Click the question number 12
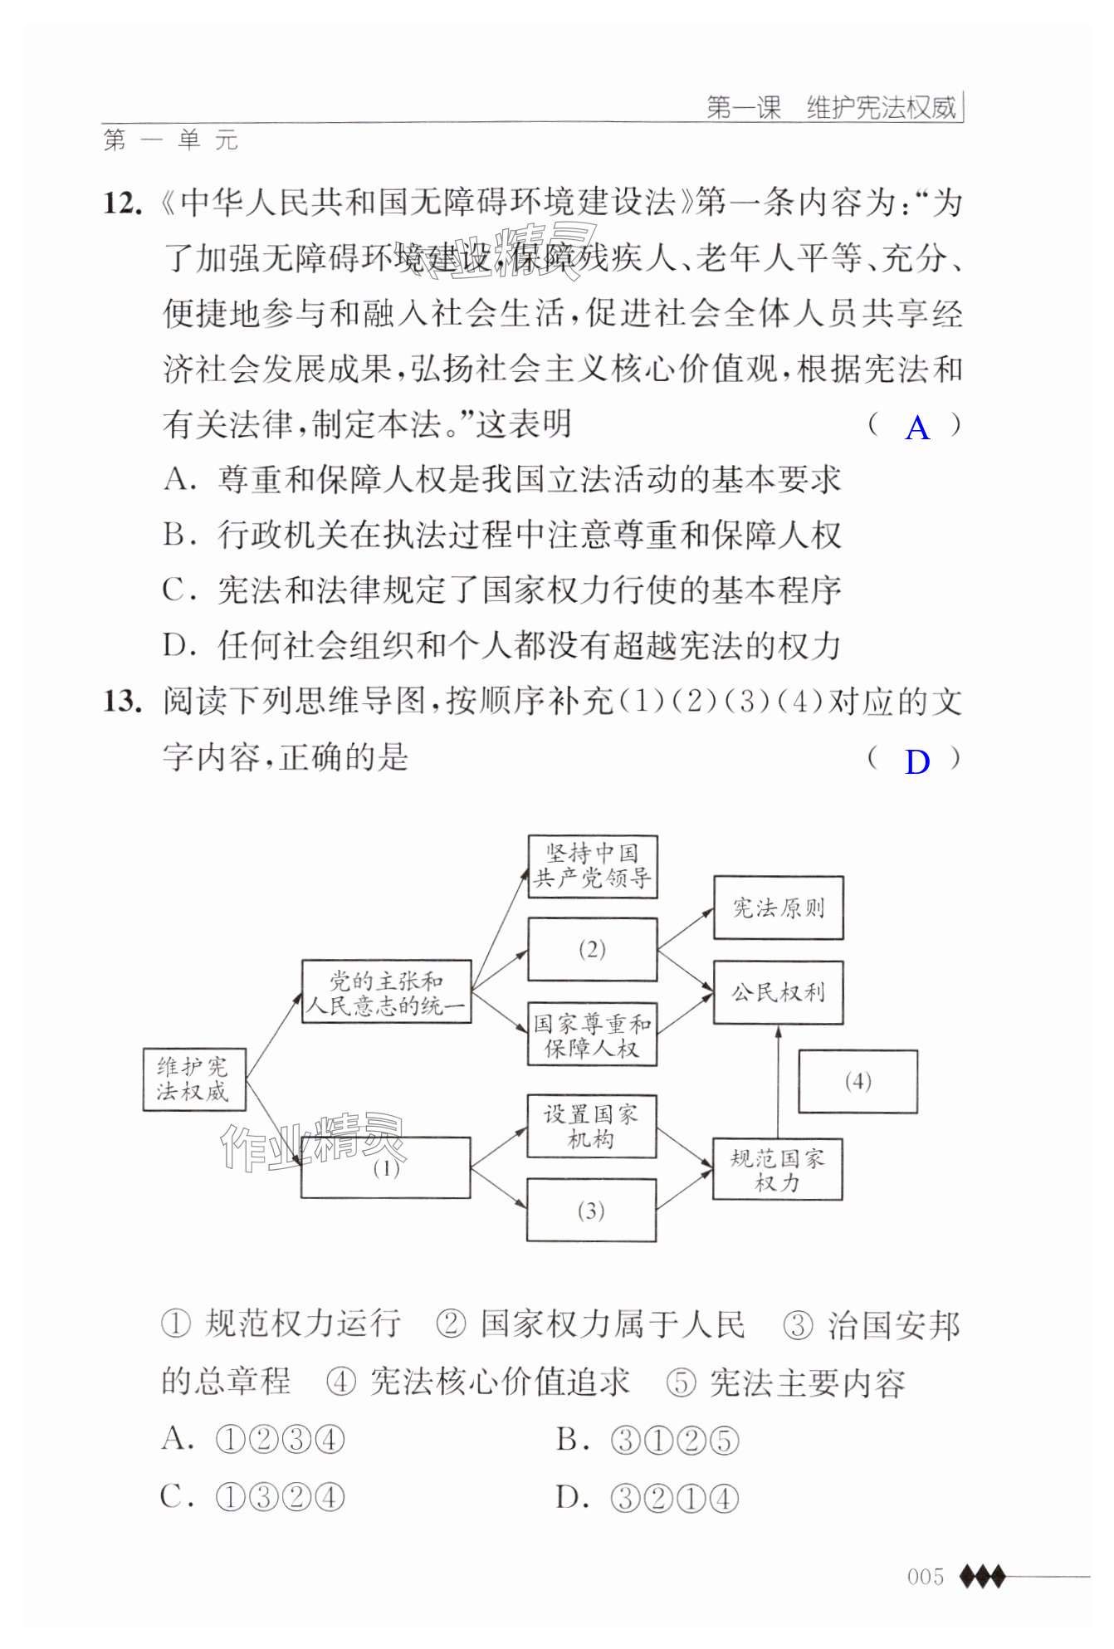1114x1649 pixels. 122,203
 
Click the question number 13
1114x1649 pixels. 122,702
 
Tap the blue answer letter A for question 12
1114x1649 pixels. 916,428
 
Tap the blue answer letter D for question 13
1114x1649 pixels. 916,761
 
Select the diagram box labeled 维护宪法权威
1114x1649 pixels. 193,1079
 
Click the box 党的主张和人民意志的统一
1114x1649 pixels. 386,992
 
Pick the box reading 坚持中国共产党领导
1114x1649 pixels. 593,866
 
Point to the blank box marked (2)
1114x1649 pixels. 592,949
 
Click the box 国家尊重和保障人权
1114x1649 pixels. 592,1035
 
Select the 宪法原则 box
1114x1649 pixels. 778,908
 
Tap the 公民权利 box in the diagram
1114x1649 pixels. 778,992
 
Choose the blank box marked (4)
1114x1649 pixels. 857,1081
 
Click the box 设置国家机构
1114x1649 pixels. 591,1126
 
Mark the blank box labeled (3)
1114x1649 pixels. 591,1210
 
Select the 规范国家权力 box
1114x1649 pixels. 777,1169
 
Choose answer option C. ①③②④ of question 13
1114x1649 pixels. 252,1497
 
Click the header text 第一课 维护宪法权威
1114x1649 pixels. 831,108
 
